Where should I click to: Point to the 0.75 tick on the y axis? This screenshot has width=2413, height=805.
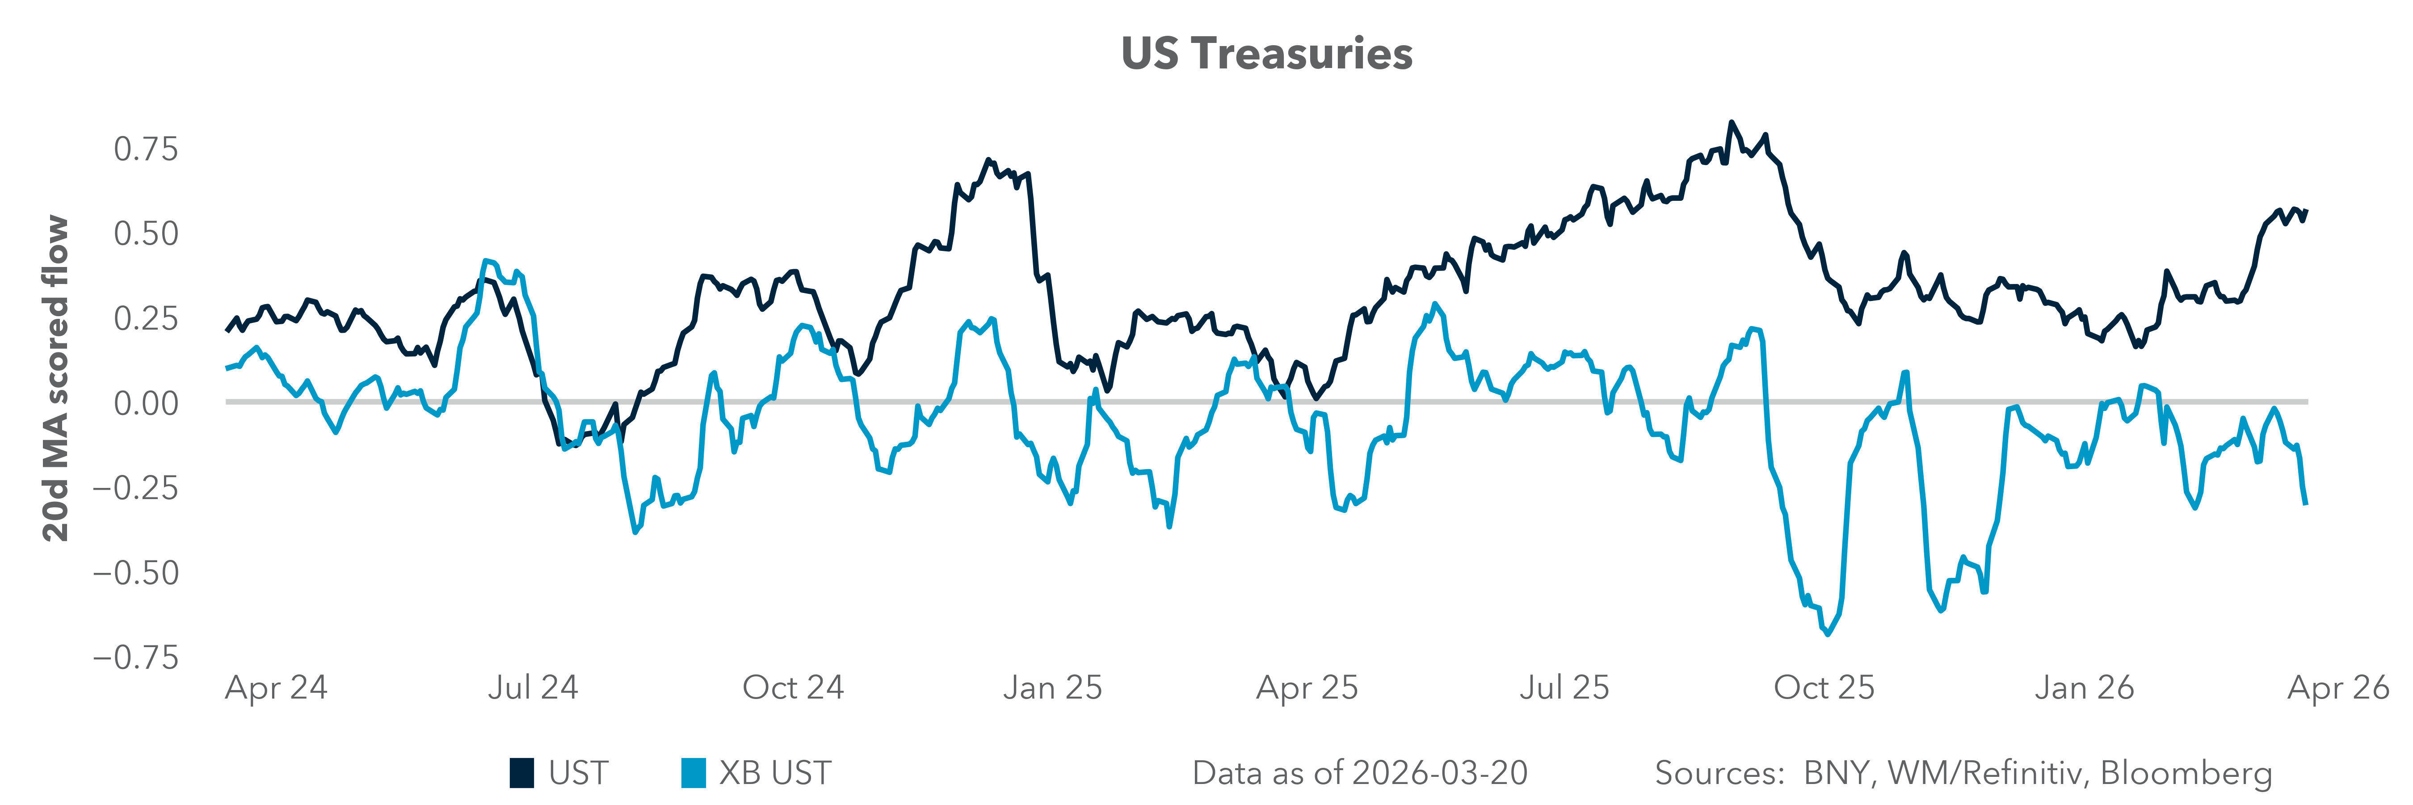pos(145,149)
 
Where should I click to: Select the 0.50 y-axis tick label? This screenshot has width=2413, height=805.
pos(145,233)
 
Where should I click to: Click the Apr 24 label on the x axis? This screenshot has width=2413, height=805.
pos(276,688)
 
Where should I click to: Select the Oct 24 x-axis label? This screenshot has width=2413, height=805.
pos(792,688)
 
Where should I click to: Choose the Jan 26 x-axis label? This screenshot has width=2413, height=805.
pos(2084,688)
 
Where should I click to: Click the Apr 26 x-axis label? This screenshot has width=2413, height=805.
pos(2338,688)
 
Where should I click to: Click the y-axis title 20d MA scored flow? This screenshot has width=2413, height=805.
pos(56,379)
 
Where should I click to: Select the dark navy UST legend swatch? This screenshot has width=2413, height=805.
pos(522,773)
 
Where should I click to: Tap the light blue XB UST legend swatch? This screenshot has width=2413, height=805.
pos(693,773)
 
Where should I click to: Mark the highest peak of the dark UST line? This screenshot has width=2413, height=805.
pos(1731,123)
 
